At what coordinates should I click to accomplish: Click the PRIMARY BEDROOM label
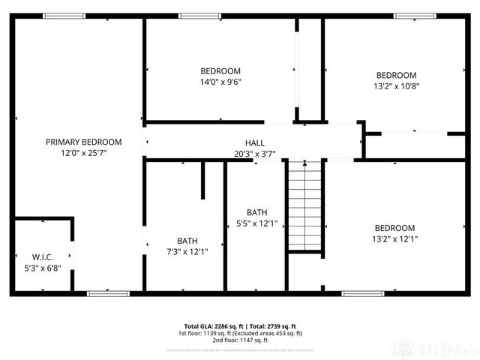pos(84,142)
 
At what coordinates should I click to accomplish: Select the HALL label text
pos(254,142)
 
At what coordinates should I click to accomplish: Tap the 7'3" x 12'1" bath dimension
pos(187,252)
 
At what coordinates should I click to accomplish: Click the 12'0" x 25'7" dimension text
pos(84,153)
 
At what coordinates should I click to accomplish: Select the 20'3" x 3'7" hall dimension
pos(254,154)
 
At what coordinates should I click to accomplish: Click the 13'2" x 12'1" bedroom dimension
pos(395,239)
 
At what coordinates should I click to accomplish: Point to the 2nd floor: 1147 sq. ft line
pos(239,340)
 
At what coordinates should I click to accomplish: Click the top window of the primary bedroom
pos(64,16)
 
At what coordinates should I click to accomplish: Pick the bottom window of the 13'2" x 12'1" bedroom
pos(363,292)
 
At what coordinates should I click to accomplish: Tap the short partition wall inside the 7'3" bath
pos(202,180)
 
